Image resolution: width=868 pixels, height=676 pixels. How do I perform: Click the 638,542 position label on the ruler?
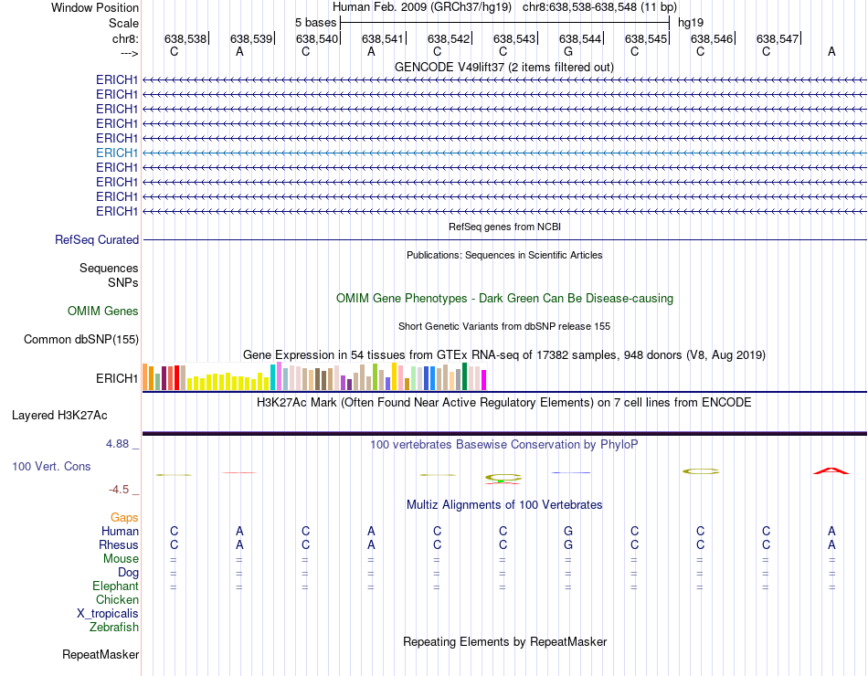(449, 38)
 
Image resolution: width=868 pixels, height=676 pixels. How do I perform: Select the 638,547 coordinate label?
(778, 38)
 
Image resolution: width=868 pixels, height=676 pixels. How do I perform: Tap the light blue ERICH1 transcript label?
(117, 153)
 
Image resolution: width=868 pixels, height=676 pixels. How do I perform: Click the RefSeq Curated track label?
(97, 239)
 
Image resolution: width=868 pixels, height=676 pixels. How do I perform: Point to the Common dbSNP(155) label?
(81, 340)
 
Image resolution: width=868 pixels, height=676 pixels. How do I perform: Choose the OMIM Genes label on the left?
(103, 312)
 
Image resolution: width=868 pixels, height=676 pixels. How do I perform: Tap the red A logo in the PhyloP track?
(831, 471)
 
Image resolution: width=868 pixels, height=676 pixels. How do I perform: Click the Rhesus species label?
(119, 545)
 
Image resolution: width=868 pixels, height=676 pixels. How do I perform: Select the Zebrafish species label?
(114, 628)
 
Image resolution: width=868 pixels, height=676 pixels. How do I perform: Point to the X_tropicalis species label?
(108, 614)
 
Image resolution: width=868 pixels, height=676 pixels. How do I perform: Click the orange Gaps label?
(124, 518)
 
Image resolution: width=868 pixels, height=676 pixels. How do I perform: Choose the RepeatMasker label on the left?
(101, 655)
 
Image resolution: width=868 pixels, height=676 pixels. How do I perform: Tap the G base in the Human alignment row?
(568, 531)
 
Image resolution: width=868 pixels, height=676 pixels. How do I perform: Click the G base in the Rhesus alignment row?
(568, 545)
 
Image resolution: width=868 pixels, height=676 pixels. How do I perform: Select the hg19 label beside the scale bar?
(691, 22)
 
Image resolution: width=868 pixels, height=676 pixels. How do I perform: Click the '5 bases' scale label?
(315, 22)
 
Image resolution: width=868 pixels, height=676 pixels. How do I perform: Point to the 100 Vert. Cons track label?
(51, 466)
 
